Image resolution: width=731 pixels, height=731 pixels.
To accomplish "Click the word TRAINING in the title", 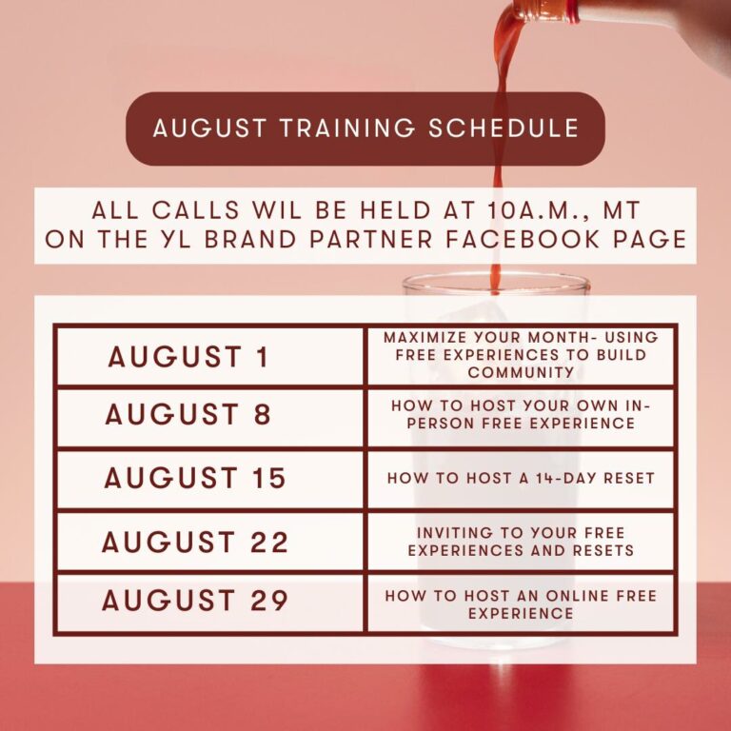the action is tap(347, 128).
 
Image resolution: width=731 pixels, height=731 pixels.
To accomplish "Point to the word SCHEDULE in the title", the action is tap(504, 128).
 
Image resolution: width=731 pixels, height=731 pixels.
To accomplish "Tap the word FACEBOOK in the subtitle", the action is tap(523, 239).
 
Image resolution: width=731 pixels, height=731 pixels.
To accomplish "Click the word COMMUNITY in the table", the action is tap(522, 372).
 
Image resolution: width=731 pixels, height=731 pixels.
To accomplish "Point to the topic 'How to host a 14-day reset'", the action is tap(521, 478).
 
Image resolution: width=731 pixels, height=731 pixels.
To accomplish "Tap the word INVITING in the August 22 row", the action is tap(454, 532).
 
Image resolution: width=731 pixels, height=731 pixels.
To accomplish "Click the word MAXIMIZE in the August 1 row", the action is tap(425, 337).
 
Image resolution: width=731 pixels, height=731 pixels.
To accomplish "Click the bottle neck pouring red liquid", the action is tap(545, 10).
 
